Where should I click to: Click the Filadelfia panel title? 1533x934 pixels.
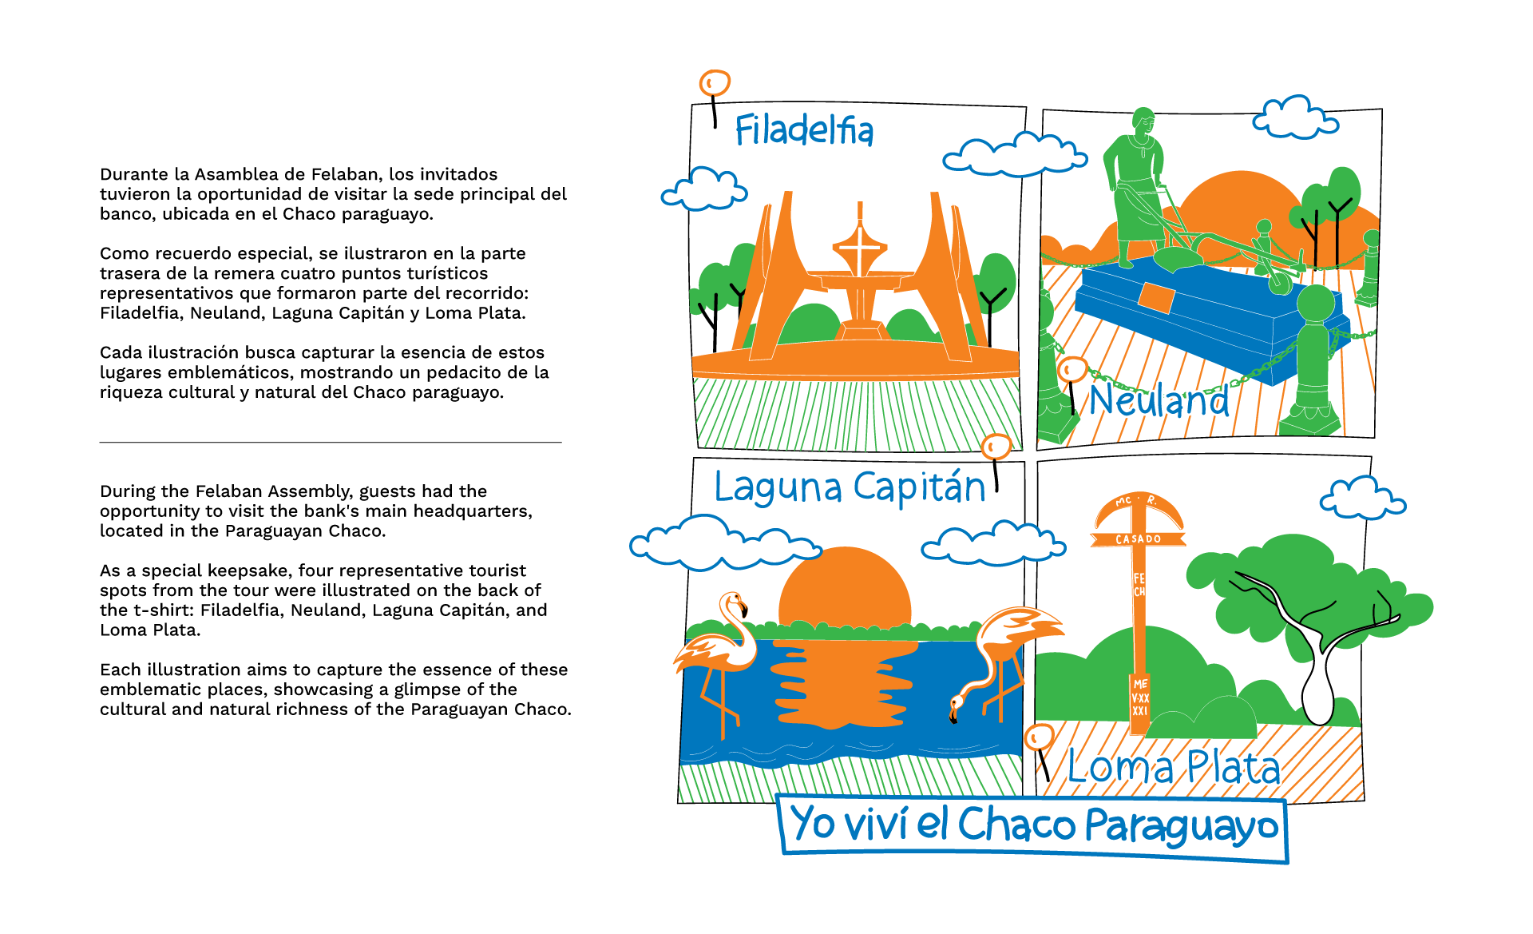(x=804, y=130)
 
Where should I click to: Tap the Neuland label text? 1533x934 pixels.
(x=1159, y=400)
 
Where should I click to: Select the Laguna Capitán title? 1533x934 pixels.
(x=850, y=487)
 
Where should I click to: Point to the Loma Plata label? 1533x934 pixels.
(x=1173, y=767)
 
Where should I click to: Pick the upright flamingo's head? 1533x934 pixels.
(x=734, y=601)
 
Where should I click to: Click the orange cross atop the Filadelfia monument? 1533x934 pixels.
(x=859, y=244)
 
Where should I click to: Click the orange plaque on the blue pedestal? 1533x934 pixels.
(x=1156, y=297)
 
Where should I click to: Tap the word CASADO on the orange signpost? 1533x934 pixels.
(x=1139, y=539)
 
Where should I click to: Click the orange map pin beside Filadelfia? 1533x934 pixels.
(x=715, y=82)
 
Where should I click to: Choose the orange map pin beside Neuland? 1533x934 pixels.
(x=1072, y=370)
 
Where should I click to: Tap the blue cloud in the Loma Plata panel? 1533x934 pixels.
(x=1362, y=499)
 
